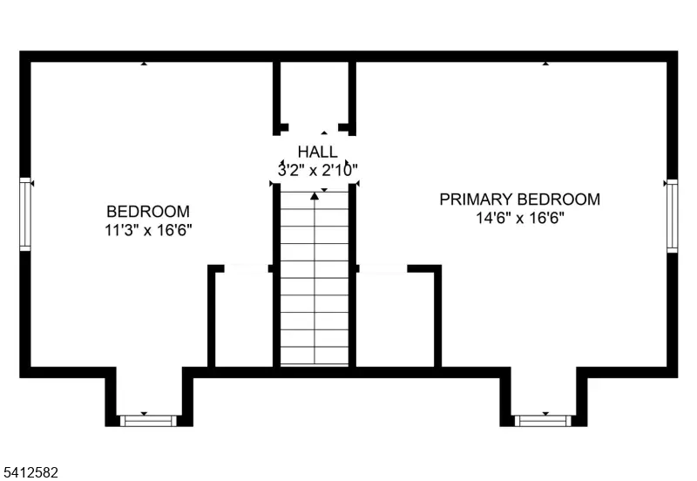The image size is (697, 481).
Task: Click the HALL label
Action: click(317, 152)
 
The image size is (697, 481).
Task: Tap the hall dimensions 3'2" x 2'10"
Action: click(317, 170)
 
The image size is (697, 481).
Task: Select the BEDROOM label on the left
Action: click(148, 212)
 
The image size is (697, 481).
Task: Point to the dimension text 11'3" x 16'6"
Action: click(148, 230)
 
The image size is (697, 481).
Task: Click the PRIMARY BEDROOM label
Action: click(519, 200)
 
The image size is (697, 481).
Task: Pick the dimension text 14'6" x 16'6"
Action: click(519, 218)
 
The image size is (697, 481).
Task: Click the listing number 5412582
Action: click(30, 472)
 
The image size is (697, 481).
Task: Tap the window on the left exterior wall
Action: click(25, 214)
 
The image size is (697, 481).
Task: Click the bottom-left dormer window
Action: click(147, 421)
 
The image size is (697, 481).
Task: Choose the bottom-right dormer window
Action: click(543, 421)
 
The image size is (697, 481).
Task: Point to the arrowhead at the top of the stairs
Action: click(315, 196)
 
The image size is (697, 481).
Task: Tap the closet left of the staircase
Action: click(244, 318)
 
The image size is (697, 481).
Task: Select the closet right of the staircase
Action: click(396, 318)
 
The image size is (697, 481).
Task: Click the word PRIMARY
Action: click(475, 200)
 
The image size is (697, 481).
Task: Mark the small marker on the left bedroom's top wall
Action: click(144, 64)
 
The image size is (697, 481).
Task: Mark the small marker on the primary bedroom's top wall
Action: click(545, 64)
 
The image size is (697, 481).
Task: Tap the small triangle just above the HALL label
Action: click(324, 133)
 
